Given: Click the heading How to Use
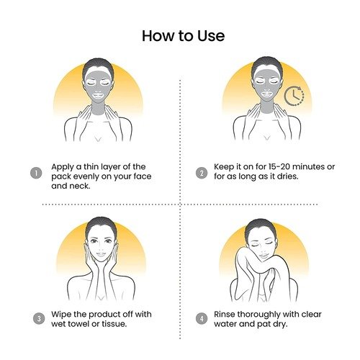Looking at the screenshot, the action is point(184,36).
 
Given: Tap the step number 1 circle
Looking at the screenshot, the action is point(36,173).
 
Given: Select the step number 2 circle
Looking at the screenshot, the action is point(202,173).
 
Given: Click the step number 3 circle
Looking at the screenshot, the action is point(39,318).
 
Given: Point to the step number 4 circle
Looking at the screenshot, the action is point(202,318).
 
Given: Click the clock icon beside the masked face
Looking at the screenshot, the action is point(294,96).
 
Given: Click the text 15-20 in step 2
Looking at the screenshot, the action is point(279,166).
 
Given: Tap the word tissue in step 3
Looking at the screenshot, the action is point(114,324).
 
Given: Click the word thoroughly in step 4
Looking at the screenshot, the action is point(256,315).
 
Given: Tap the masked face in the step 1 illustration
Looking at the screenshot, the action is point(99,85).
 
